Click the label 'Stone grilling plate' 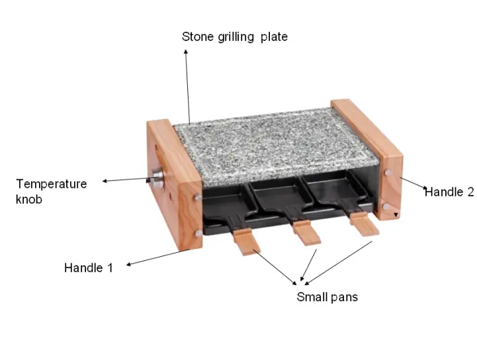tap(234, 37)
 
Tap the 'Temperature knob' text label tap(51, 191)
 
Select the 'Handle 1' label tap(88, 268)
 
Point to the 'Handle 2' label tap(449, 193)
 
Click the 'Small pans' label tap(327, 297)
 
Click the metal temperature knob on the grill tap(157, 177)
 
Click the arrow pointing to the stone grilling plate tap(187, 86)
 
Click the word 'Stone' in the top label tap(197, 37)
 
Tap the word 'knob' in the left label tap(29, 199)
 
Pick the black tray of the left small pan tap(222, 202)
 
